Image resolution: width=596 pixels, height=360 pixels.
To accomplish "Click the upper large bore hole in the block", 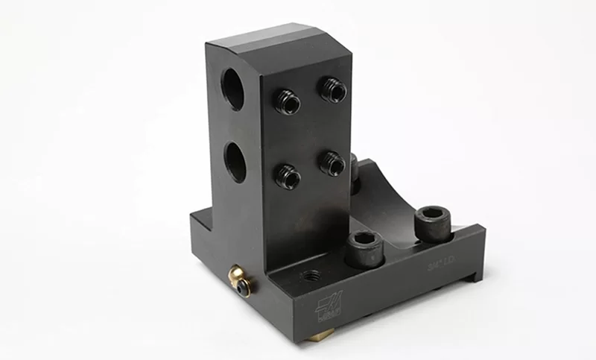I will [233, 88].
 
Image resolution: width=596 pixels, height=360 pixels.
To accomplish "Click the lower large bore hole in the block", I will [235, 160].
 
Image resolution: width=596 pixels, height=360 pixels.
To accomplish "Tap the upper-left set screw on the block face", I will [287, 102].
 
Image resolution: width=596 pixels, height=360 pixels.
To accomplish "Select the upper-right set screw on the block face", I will [332, 90].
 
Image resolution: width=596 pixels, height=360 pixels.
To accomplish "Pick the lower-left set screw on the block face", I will [288, 176].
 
